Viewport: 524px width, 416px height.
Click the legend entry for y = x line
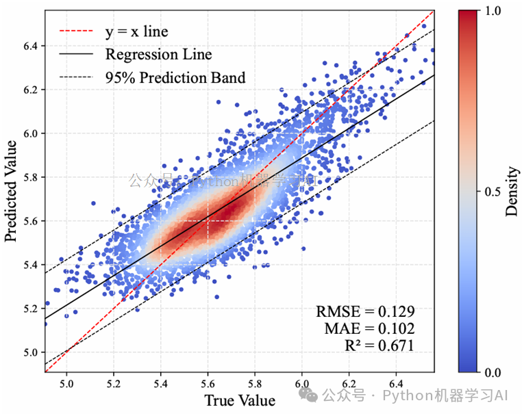coord(136,31)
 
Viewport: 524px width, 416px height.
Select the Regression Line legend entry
coord(158,54)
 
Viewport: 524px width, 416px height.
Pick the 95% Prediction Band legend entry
coord(175,77)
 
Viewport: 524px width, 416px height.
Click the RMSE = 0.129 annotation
coord(365,311)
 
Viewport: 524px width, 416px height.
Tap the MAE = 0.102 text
coord(369,328)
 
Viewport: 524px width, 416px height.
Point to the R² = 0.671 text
coord(379,346)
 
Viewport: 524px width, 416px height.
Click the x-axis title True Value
coord(239,400)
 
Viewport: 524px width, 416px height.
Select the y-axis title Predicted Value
coord(12,190)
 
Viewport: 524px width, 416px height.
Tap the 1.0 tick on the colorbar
coord(493,11)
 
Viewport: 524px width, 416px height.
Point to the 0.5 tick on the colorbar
coord(493,192)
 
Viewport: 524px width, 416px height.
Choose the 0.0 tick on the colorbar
coord(493,373)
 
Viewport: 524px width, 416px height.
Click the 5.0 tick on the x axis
coord(67,382)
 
